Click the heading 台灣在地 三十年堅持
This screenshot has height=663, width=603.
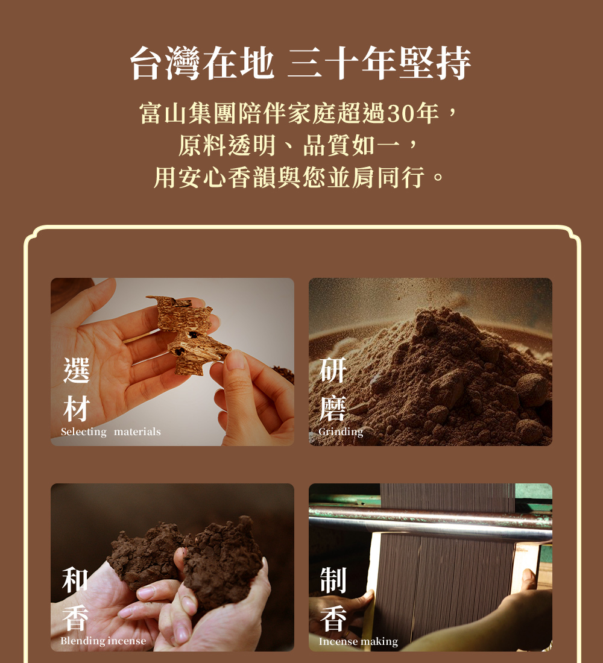pyautogui.click(x=300, y=63)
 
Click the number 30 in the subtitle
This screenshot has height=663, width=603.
pyautogui.click(x=402, y=113)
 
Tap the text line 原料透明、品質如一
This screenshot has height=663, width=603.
pyautogui.click(x=289, y=145)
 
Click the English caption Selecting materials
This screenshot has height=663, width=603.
pyautogui.click(x=111, y=432)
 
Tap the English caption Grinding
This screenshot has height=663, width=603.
pyautogui.click(x=341, y=432)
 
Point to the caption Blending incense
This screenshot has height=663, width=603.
pyautogui.click(x=103, y=641)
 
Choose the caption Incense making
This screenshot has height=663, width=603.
pyautogui.click(x=358, y=641)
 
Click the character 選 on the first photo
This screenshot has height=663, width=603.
pyautogui.click(x=77, y=370)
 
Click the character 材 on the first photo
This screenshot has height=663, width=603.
pyautogui.click(x=77, y=409)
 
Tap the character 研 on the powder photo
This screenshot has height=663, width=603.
pyautogui.click(x=333, y=370)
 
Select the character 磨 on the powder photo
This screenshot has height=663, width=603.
pyautogui.click(x=333, y=409)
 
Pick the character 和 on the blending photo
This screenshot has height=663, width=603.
pyautogui.click(x=75, y=580)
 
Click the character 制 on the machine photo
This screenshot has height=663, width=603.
pyautogui.click(x=333, y=580)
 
